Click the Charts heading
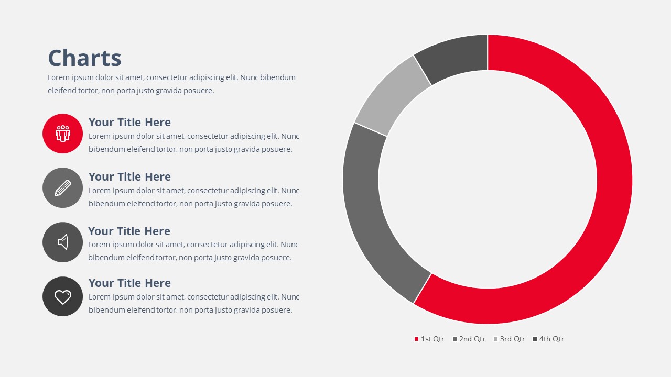[85, 58]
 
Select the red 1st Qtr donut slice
[614, 180]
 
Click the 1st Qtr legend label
[432, 339]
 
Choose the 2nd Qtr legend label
[472, 339]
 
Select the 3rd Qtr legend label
[512, 339]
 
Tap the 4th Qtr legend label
[551, 339]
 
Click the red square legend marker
[416, 339]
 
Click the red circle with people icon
[62, 134]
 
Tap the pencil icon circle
[62, 188]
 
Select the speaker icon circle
[62, 242]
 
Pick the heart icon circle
[62, 296]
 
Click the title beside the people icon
[129, 123]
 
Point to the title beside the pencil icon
[129, 177]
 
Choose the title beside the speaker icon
[129, 231]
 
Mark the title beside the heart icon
[129, 283]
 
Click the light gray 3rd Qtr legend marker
[495, 339]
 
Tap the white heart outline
[62, 296]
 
